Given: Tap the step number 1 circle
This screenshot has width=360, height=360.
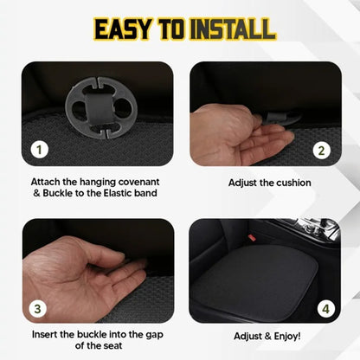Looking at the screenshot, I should pos(39,149).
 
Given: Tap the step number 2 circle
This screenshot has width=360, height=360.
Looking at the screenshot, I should pos(323,149).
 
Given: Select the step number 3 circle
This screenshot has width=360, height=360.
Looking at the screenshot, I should pos(39,307).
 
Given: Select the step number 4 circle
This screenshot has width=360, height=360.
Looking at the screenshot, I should pos(323,307).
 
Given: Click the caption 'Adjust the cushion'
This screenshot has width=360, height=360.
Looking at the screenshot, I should pos(269,183).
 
